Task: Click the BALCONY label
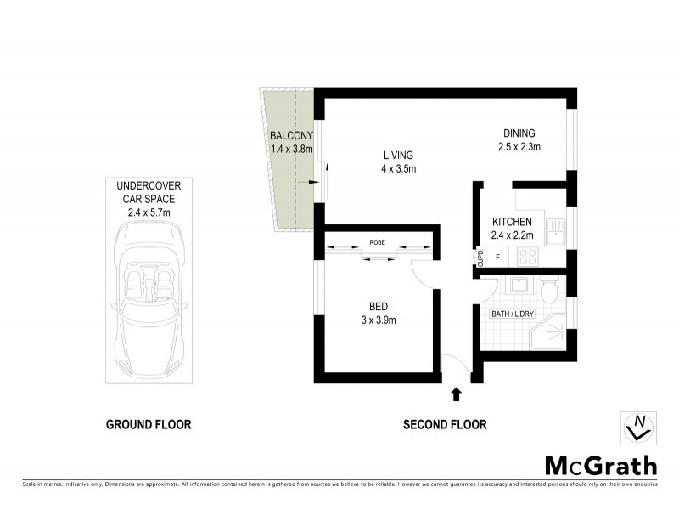click(x=291, y=136)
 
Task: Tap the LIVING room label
click(x=397, y=156)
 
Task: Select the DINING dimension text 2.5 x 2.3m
click(x=519, y=147)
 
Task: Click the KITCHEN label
click(x=512, y=222)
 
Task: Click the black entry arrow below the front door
click(x=457, y=393)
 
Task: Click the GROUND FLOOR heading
click(x=149, y=425)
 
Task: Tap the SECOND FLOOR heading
click(x=445, y=425)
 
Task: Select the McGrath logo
click(x=599, y=465)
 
